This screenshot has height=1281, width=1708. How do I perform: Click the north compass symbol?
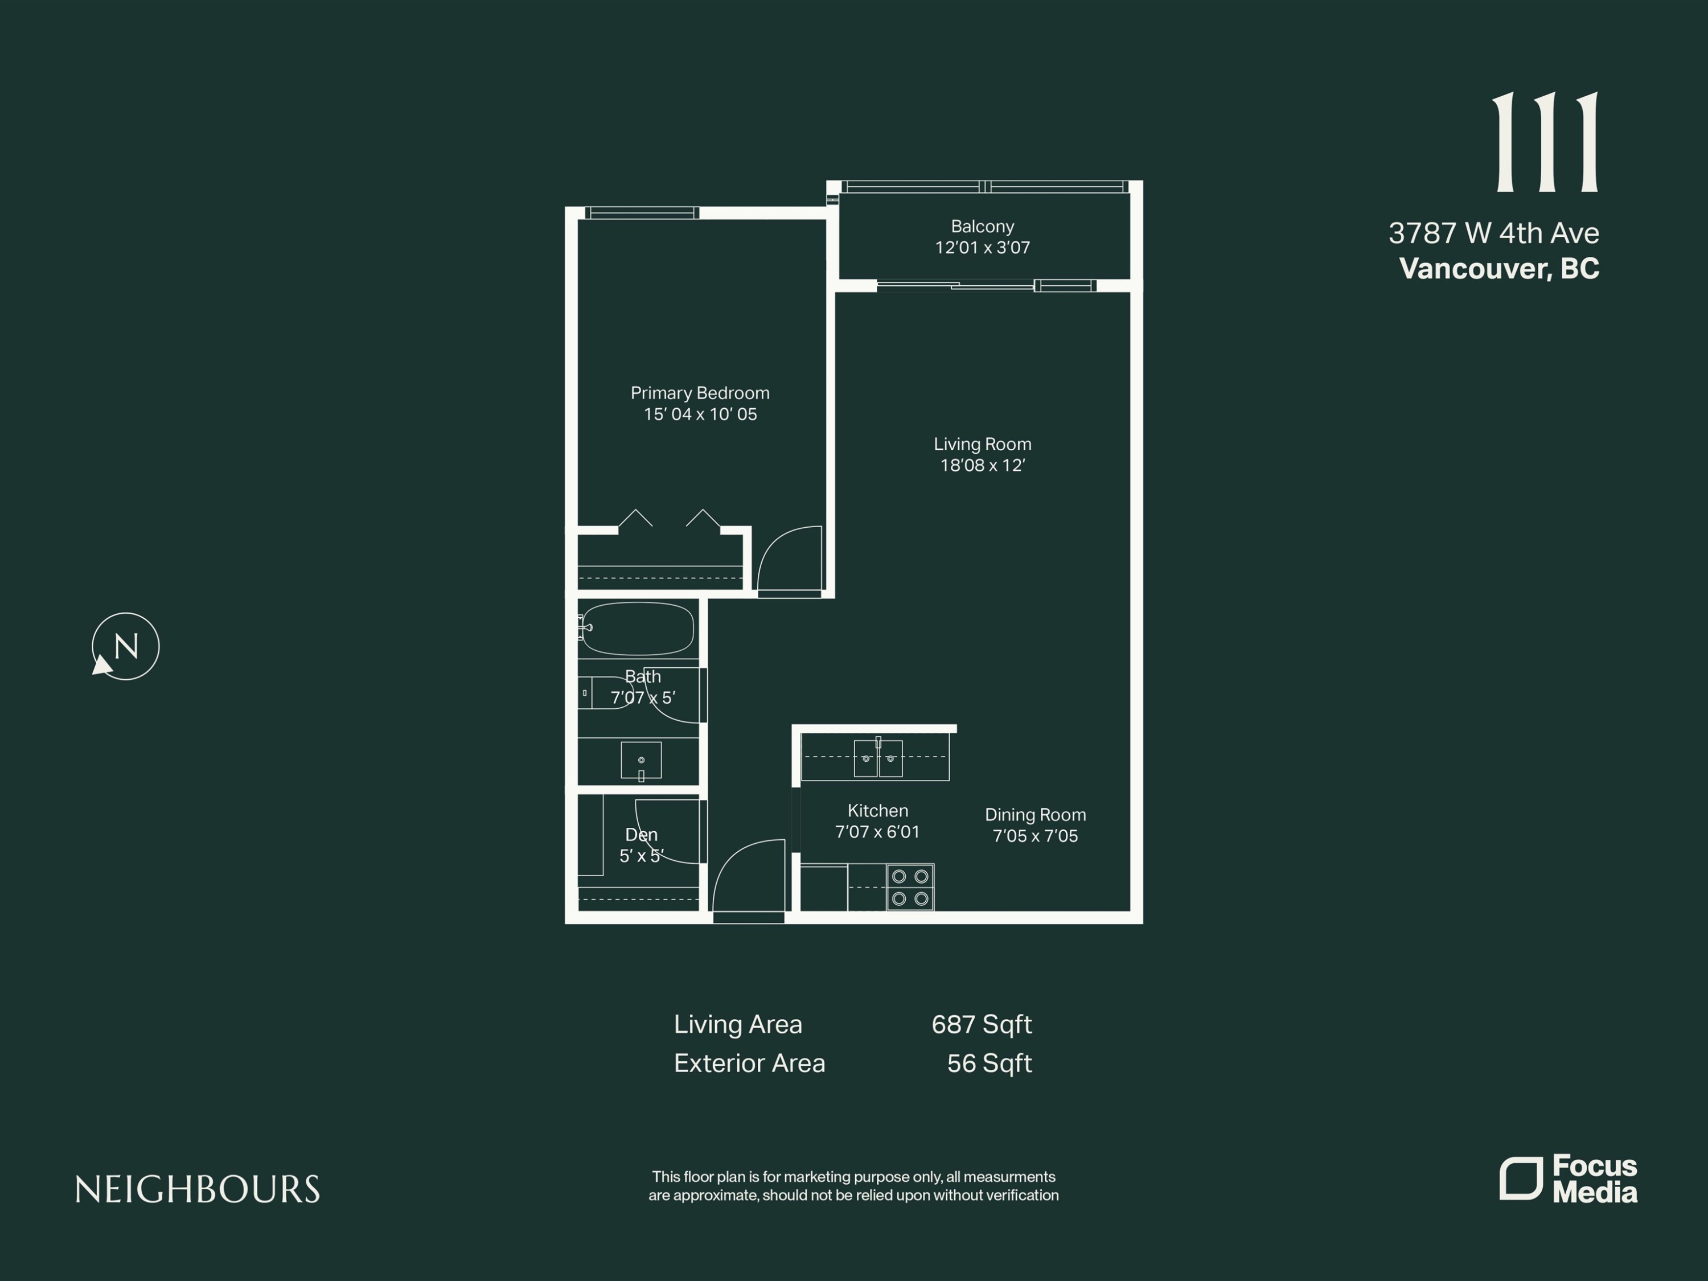click(x=125, y=646)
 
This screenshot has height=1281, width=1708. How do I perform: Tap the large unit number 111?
click(x=1546, y=142)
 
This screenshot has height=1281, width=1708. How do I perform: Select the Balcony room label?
click(x=982, y=226)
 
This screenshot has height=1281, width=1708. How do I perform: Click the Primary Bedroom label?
click(x=700, y=393)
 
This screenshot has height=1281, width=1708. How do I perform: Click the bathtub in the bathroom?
click(x=638, y=629)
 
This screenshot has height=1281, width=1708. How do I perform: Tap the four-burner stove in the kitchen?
click(x=910, y=887)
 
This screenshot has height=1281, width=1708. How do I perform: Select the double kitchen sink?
click(x=878, y=758)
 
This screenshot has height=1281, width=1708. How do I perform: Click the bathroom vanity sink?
click(x=641, y=761)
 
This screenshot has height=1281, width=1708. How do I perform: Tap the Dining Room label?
click(x=1034, y=815)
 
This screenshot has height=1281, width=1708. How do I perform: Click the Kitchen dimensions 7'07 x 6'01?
click(x=877, y=832)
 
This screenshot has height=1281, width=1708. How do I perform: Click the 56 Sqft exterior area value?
click(x=989, y=1064)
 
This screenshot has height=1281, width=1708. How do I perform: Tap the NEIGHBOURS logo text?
click(x=198, y=1190)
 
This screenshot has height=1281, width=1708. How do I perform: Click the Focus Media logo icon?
click(x=1520, y=1179)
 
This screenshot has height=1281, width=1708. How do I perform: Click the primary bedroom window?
click(x=642, y=213)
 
